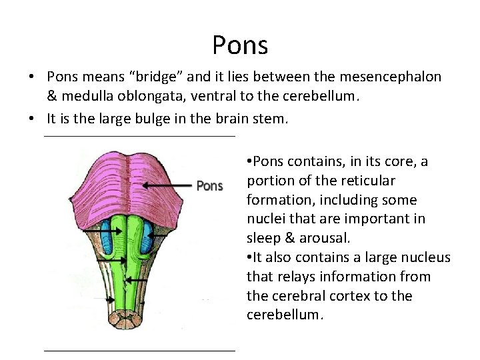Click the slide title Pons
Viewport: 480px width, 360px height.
click(240, 45)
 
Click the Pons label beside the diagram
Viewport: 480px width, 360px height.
click(209, 186)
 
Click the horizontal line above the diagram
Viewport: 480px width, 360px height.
click(139, 137)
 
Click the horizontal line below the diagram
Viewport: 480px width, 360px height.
click(139, 350)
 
